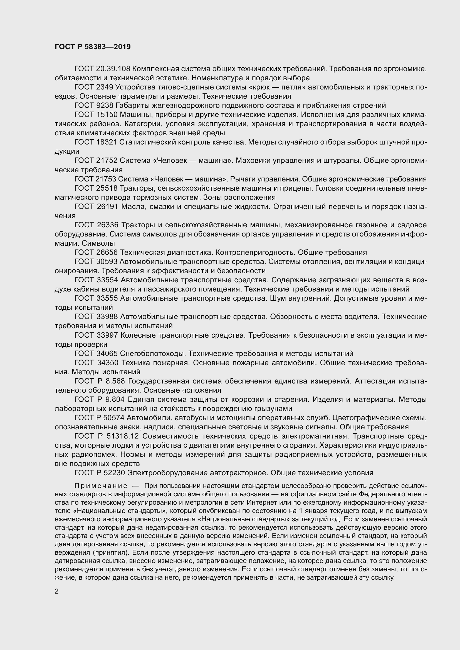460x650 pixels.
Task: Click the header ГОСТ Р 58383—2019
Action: coord(93,47)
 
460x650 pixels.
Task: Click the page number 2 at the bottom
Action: coord(57,591)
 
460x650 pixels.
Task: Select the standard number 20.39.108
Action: coord(113,69)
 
